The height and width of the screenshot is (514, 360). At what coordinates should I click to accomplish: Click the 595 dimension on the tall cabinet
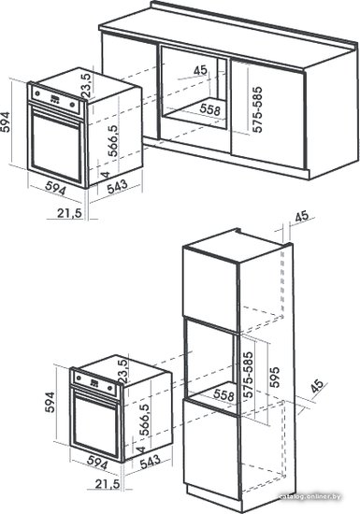(275, 378)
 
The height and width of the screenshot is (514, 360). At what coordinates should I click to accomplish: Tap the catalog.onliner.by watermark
(310, 497)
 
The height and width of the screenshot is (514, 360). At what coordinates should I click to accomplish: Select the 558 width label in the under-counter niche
(210, 109)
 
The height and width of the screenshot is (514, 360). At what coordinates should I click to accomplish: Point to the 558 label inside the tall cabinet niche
(223, 394)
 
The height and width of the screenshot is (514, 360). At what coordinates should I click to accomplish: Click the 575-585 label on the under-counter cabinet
(258, 109)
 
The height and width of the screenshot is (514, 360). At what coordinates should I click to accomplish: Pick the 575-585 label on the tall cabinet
(248, 375)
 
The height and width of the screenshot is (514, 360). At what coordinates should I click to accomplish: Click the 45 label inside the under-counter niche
(200, 70)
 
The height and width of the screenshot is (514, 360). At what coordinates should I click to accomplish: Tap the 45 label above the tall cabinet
(302, 217)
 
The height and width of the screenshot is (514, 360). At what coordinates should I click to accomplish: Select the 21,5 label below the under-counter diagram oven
(69, 213)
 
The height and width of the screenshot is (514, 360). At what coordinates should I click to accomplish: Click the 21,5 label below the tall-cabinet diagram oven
(108, 484)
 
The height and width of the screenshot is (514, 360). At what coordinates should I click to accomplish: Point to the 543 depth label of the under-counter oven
(117, 187)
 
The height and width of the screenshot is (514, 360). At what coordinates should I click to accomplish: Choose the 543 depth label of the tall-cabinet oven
(151, 462)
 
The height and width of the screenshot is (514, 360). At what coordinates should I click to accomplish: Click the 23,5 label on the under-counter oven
(87, 85)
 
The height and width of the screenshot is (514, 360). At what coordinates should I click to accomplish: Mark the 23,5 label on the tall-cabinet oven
(123, 371)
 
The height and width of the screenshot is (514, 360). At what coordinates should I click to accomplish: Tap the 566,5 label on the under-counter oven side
(112, 140)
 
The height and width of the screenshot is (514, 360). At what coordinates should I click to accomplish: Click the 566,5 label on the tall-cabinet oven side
(144, 420)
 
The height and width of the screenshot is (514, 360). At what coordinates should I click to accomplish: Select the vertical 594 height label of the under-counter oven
(5, 122)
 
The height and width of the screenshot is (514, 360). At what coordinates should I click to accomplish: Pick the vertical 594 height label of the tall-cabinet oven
(50, 402)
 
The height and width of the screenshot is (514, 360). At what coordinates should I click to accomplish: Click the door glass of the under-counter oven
(55, 149)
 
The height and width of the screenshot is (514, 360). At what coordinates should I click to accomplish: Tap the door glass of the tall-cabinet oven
(95, 425)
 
